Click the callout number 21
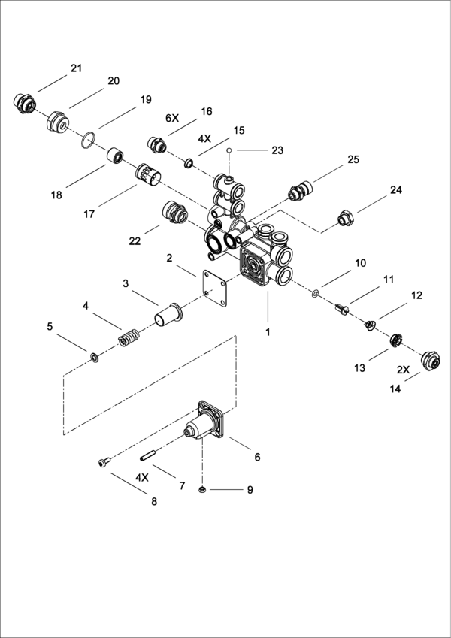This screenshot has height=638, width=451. (76, 68)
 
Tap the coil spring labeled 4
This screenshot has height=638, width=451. (129, 337)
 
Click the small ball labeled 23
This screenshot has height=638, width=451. (229, 150)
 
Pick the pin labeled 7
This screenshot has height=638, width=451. (149, 455)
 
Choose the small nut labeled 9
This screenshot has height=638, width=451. (201, 489)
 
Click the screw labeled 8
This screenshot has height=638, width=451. (104, 462)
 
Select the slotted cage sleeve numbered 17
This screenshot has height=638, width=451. (148, 177)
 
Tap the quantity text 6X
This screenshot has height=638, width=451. (172, 119)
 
